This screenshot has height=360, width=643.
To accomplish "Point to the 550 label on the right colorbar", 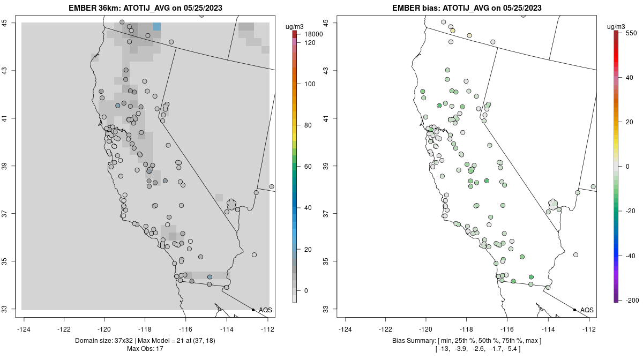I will click(630, 33).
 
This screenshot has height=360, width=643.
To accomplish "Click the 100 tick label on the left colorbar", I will click(310, 84).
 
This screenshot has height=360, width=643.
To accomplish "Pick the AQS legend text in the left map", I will click(265, 310).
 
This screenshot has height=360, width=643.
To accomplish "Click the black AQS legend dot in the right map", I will click(574, 310).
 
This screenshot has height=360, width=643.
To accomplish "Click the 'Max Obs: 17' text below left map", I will click(145, 349).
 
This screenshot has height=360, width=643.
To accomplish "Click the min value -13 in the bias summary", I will click(444, 349).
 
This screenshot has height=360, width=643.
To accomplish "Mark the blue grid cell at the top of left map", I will click(156, 26).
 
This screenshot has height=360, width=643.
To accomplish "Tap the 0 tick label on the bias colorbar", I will click(627, 166).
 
